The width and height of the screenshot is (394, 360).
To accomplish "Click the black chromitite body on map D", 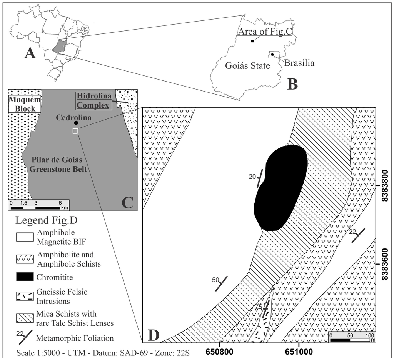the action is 280,188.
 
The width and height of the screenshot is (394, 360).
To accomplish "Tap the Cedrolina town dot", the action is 76,123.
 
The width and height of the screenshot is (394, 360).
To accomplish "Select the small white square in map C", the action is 75,131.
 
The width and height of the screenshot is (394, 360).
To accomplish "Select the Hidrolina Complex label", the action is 92,100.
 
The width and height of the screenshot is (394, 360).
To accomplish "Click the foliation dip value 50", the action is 215,280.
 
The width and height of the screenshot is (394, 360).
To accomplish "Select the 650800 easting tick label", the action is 219,350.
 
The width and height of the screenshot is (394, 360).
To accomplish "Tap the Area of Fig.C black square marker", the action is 252,41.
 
